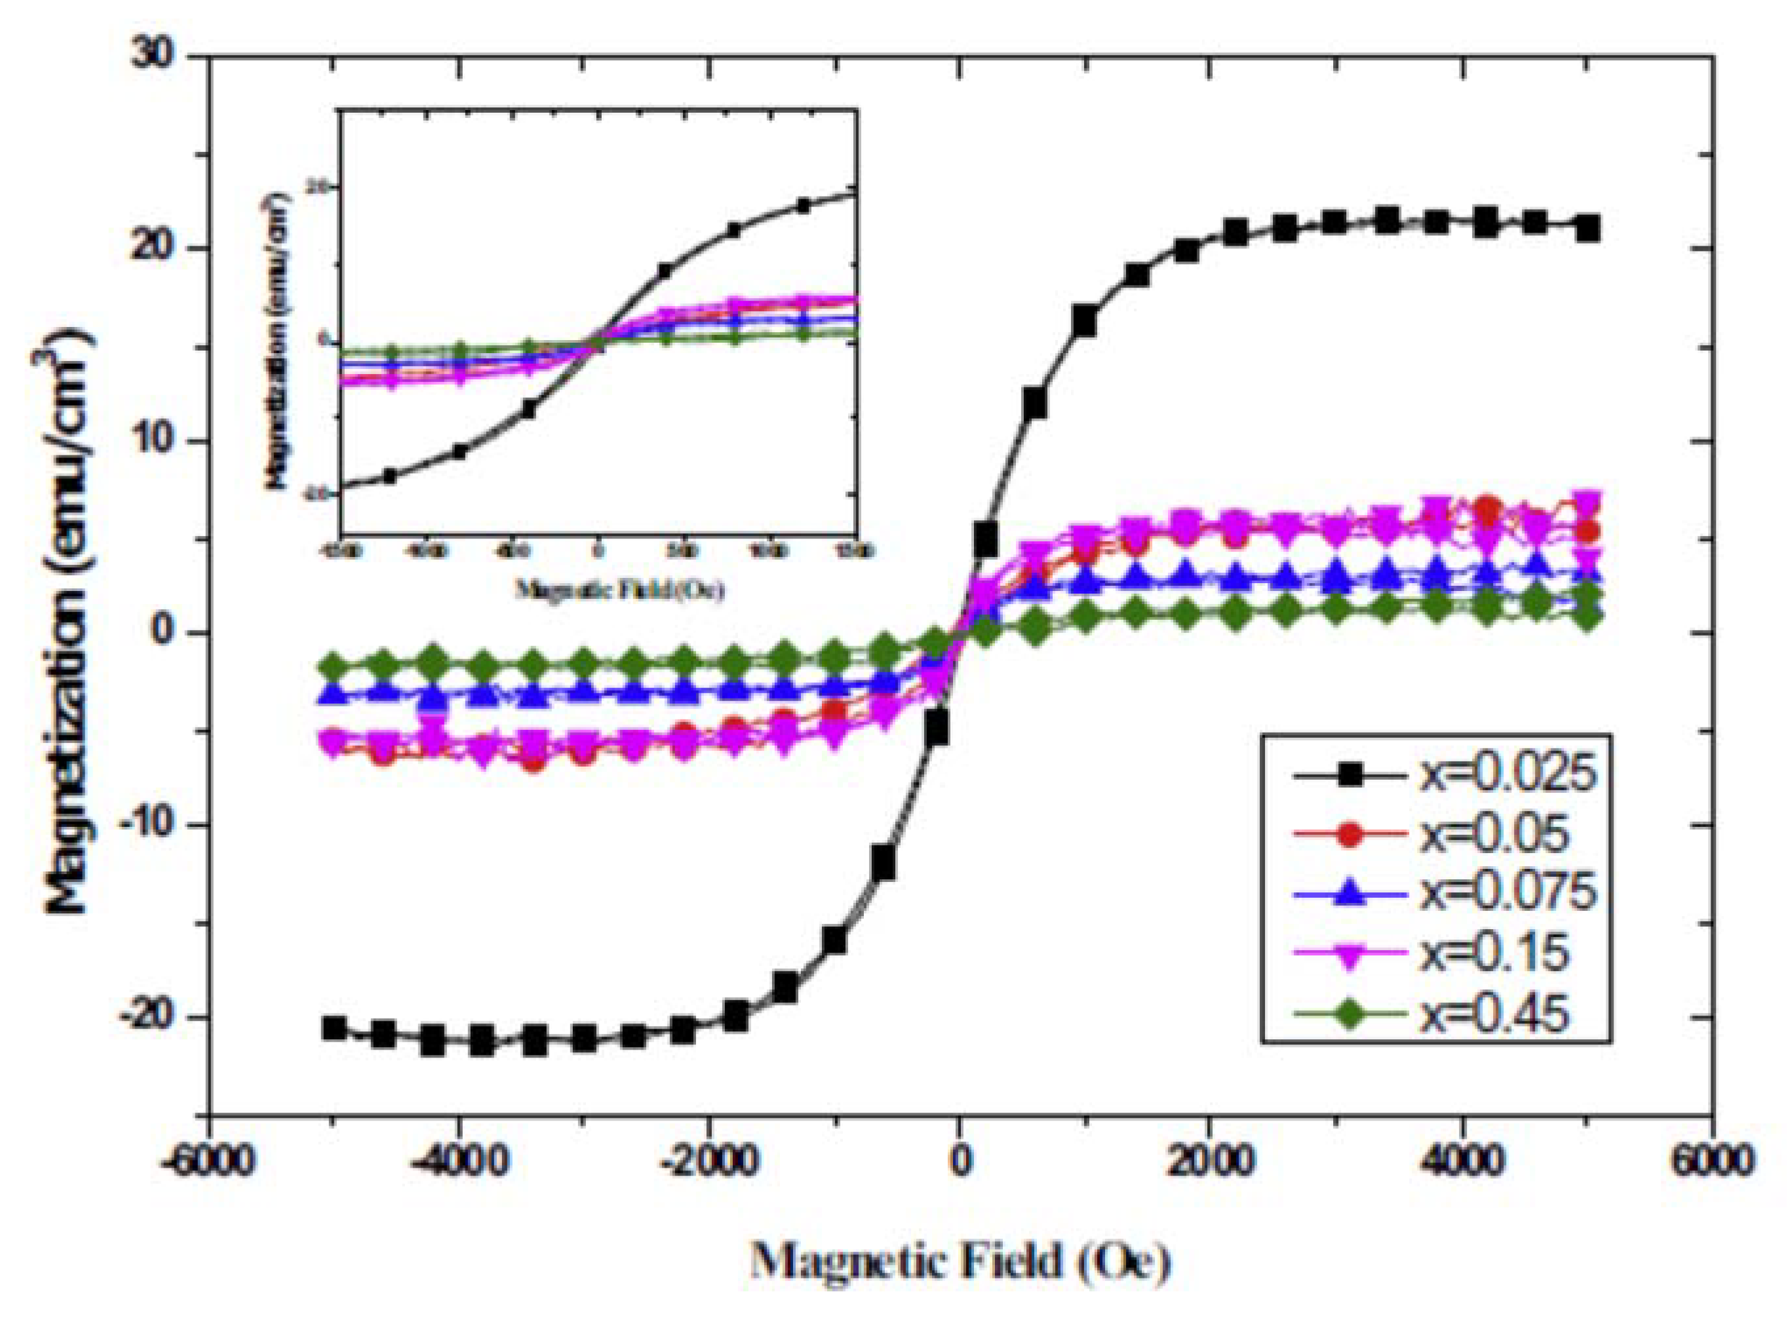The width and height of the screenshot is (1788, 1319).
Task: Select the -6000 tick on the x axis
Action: [x=210, y=1158]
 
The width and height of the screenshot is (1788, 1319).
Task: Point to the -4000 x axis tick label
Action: [x=459, y=1158]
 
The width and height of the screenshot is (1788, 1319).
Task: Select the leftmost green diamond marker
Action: [x=335, y=665]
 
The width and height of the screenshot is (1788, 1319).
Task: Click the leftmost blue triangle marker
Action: [x=335, y=694]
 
